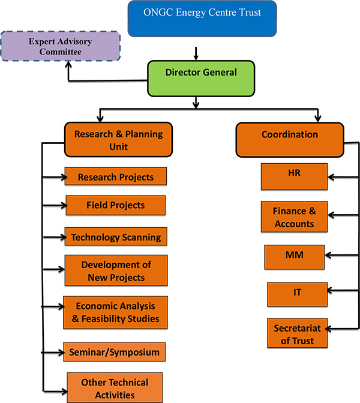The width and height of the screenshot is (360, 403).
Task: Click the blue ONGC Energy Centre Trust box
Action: (202, 19)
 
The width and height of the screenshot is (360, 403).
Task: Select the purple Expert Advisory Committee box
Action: (61, 46)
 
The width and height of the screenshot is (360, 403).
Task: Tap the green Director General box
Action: (201, 79)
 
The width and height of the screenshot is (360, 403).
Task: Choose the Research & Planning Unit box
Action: (118, 140)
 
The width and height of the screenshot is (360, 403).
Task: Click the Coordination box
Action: (290, 140)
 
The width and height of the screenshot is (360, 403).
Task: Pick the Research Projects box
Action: (116, 176)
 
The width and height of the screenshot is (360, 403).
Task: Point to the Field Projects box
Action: (116, 205)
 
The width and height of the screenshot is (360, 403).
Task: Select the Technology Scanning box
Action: (116, 236)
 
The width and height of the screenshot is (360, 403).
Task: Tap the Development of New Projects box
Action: (116, 270)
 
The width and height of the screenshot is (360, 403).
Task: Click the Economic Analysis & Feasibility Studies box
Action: (115, 312)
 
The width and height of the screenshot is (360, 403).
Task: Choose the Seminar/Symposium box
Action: (115, 352)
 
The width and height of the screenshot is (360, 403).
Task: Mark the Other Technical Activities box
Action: (115, 387)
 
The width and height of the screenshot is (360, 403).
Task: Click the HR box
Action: (294, 176)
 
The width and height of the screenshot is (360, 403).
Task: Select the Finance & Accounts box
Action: (294, 217)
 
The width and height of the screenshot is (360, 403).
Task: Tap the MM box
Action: (295, 257)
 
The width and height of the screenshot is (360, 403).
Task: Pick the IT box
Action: (297, 294)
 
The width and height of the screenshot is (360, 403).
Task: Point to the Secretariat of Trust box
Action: (297, 333)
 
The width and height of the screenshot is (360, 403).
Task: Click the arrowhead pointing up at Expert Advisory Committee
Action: (68, 64)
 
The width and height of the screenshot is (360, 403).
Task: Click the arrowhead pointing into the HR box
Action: (331, 177)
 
